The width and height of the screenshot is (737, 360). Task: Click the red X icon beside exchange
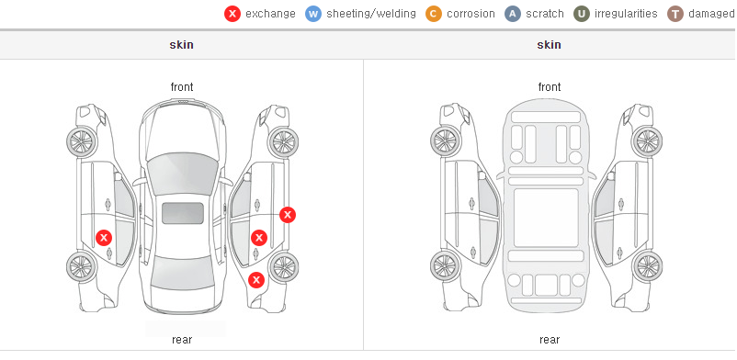point(232,14)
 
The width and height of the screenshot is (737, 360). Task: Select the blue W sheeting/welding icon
point(313,14)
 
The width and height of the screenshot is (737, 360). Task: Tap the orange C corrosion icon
point(434,14)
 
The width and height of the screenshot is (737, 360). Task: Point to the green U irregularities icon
point(582,14)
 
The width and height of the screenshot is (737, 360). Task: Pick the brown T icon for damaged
point(675,14)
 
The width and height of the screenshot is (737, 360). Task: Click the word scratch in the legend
point(545,14)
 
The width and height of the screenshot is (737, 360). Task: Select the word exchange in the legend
point(270,14)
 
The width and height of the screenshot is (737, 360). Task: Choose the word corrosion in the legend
point(471,14)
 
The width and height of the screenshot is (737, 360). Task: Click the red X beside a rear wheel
point(256,280)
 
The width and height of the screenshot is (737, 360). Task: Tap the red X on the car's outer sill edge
point(288,215)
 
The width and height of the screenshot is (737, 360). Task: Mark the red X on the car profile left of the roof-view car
point(104,238)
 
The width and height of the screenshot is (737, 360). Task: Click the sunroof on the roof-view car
point(183,213)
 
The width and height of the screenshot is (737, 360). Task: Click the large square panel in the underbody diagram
point(546,218)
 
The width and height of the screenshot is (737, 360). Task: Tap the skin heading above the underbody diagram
point(549,45)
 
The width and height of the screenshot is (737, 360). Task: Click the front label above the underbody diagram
point(550,87)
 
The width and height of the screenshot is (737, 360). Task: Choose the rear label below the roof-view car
point(182,340)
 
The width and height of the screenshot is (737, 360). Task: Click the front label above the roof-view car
point(182,87)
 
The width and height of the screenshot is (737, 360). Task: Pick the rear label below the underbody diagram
point(550,340)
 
